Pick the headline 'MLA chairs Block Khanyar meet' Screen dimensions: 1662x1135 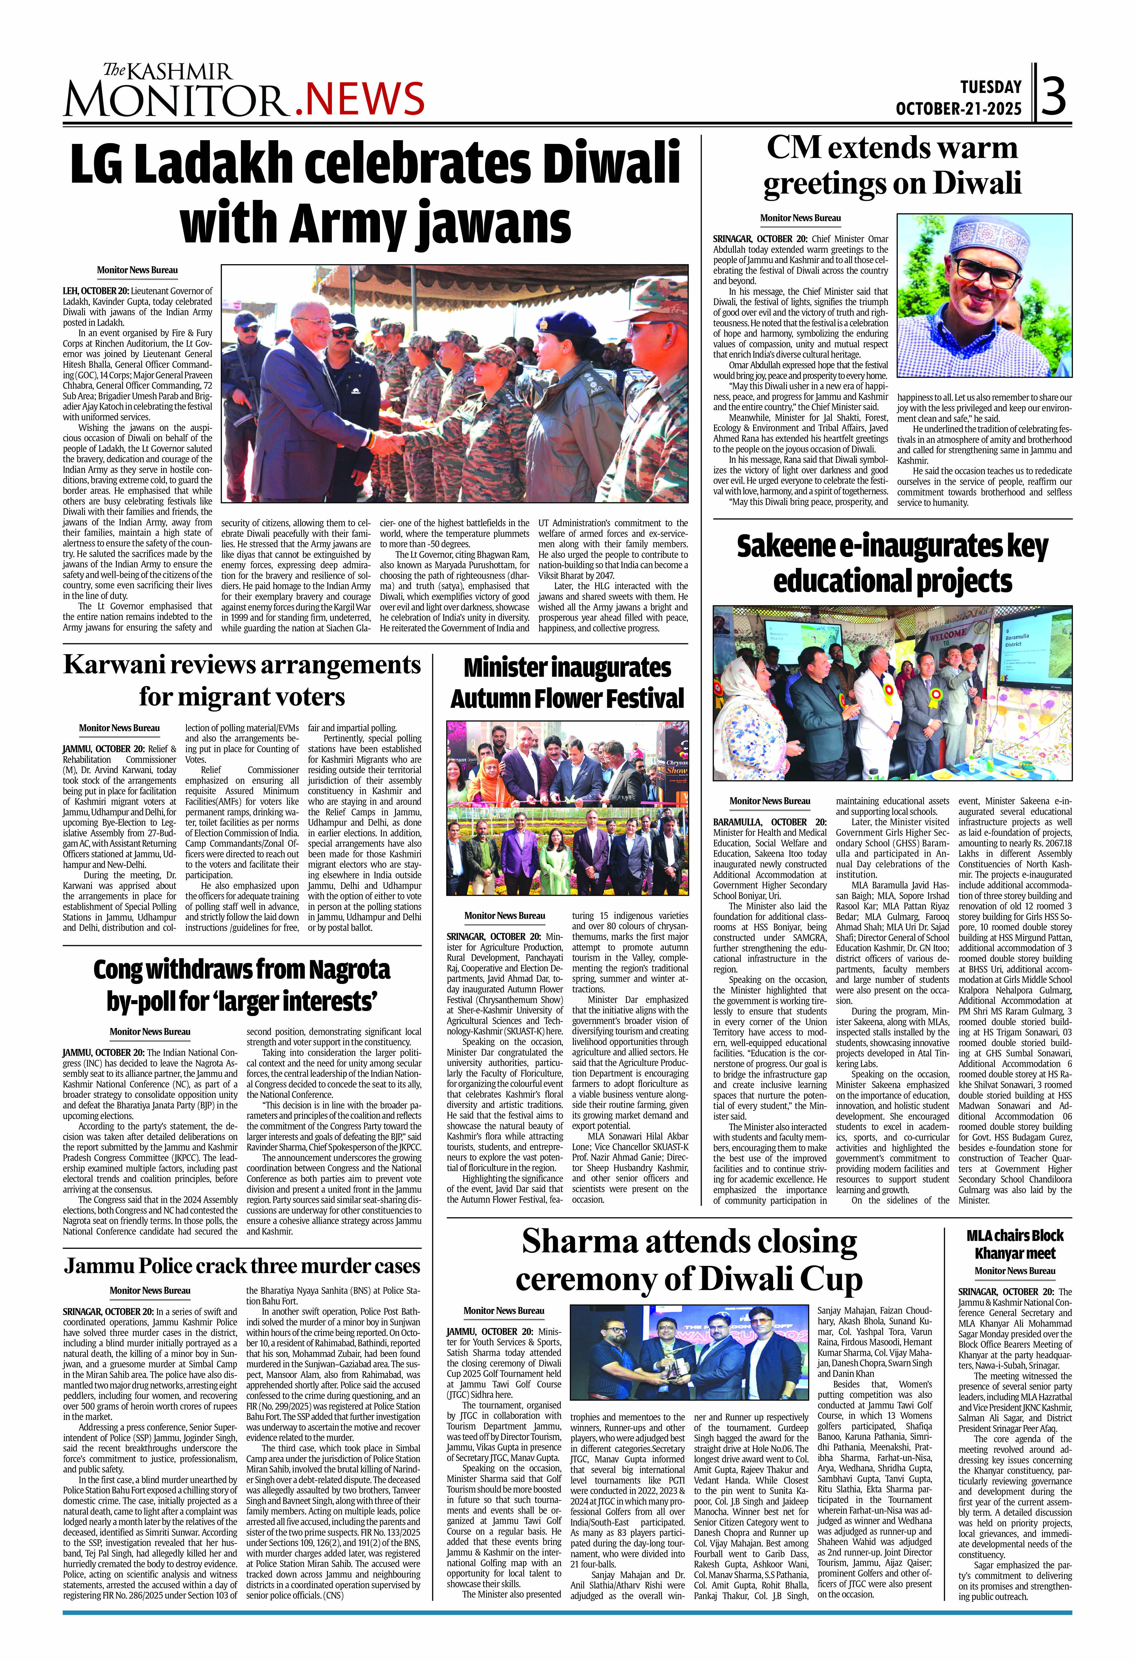click(x=1015, y=1244)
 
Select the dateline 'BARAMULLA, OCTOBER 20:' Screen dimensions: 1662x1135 click(x=769, y=823)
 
